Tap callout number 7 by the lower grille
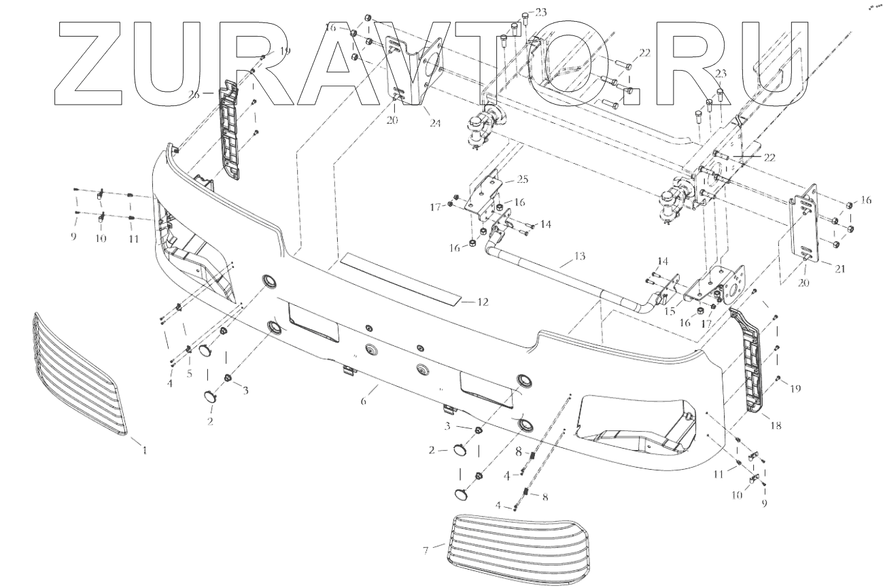[426, 550]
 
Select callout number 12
[483, 301]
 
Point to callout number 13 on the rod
[579, 256]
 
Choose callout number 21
[839, 269]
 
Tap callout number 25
[522, 179]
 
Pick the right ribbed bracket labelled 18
[750, 360]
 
